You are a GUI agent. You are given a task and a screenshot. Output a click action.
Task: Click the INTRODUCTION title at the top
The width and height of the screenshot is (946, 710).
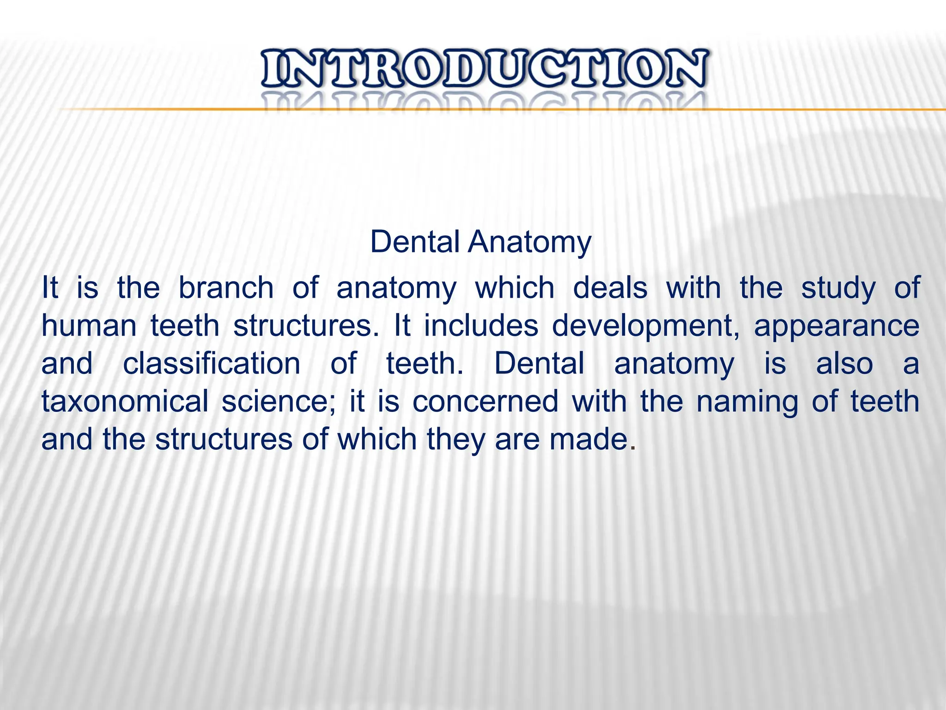(484, 69)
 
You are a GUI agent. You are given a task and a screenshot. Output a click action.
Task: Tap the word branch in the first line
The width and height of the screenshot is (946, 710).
(226, 288)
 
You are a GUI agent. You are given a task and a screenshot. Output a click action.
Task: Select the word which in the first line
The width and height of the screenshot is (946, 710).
(515, 288)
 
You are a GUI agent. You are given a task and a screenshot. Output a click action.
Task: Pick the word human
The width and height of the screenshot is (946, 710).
(89, 326)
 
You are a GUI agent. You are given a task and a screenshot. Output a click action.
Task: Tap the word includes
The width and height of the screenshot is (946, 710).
(481, 326)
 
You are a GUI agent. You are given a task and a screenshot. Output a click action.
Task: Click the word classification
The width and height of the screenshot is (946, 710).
(212, 364)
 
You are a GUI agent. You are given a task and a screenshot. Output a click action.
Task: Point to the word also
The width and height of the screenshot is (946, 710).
(844, 364)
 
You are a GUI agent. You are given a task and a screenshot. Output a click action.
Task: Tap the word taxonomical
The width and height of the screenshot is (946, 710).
(125, 402)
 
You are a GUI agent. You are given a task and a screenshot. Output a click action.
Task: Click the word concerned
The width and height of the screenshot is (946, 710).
(485, 402)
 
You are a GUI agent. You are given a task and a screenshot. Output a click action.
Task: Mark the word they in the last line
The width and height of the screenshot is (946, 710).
(455, 440)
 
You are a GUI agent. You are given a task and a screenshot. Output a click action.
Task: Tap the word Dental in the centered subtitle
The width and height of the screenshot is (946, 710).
(414, 242)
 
